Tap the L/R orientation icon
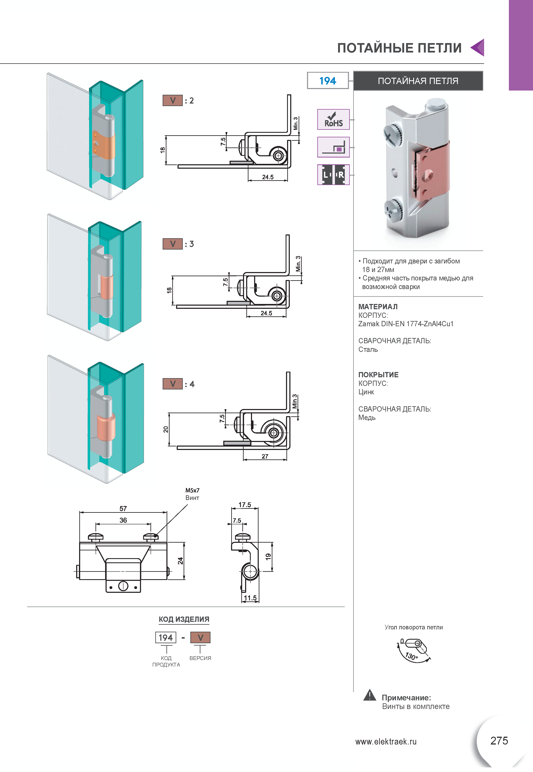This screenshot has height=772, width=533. click(x=333, y=175)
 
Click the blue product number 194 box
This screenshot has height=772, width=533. click(x=328, y=81)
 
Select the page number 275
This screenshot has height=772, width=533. click(x=499, y=740)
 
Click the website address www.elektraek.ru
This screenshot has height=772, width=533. click(x=386, y=742)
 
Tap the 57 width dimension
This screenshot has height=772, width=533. click(x=123, y=509)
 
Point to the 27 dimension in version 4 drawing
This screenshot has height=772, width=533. click(x=265, y=456)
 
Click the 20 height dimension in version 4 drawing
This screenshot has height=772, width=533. click(x=166, y=430)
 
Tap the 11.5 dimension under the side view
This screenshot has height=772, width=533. click(x=250, y=598)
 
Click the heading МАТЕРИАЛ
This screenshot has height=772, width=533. click(x=378, y=306)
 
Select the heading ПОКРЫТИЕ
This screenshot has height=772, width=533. click(x=378, y=375)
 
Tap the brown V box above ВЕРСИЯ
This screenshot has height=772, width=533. click(x=200, y=638)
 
